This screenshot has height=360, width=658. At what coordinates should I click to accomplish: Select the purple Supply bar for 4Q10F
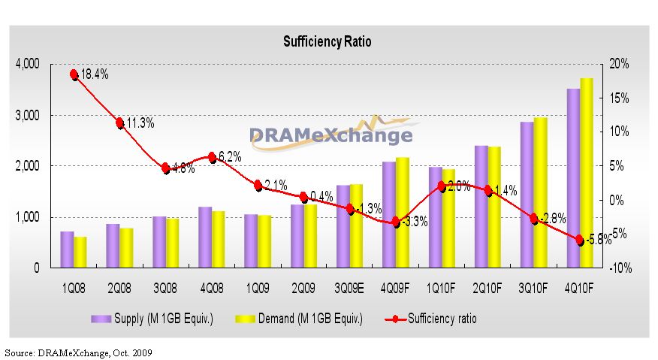(x=573, y=178)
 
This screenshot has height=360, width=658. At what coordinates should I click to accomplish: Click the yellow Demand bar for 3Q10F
(x=541, y=192)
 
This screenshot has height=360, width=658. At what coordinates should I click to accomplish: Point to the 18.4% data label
(x=94, y=75)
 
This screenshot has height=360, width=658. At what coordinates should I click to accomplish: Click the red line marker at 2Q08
(x=119, y=123)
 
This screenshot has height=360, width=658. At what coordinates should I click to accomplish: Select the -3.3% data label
(x=412, y=222)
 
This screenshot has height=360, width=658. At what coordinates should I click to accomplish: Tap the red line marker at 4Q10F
(x=580, y=241)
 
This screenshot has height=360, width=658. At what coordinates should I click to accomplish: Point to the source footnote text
(x=79, y=351)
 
